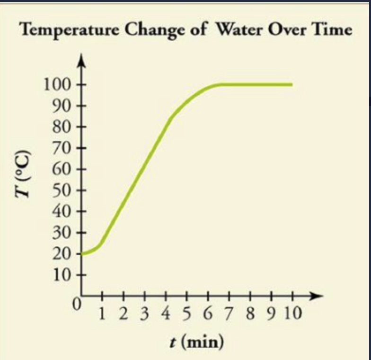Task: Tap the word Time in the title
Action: (x=334, y=30)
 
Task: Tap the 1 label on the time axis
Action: (x=103, y=313)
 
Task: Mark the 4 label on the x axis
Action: (x=166, y=313)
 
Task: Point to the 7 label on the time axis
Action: (x=230, y=313)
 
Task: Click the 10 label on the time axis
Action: (x=292, y=313)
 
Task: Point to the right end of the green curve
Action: (x=291, y=85)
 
